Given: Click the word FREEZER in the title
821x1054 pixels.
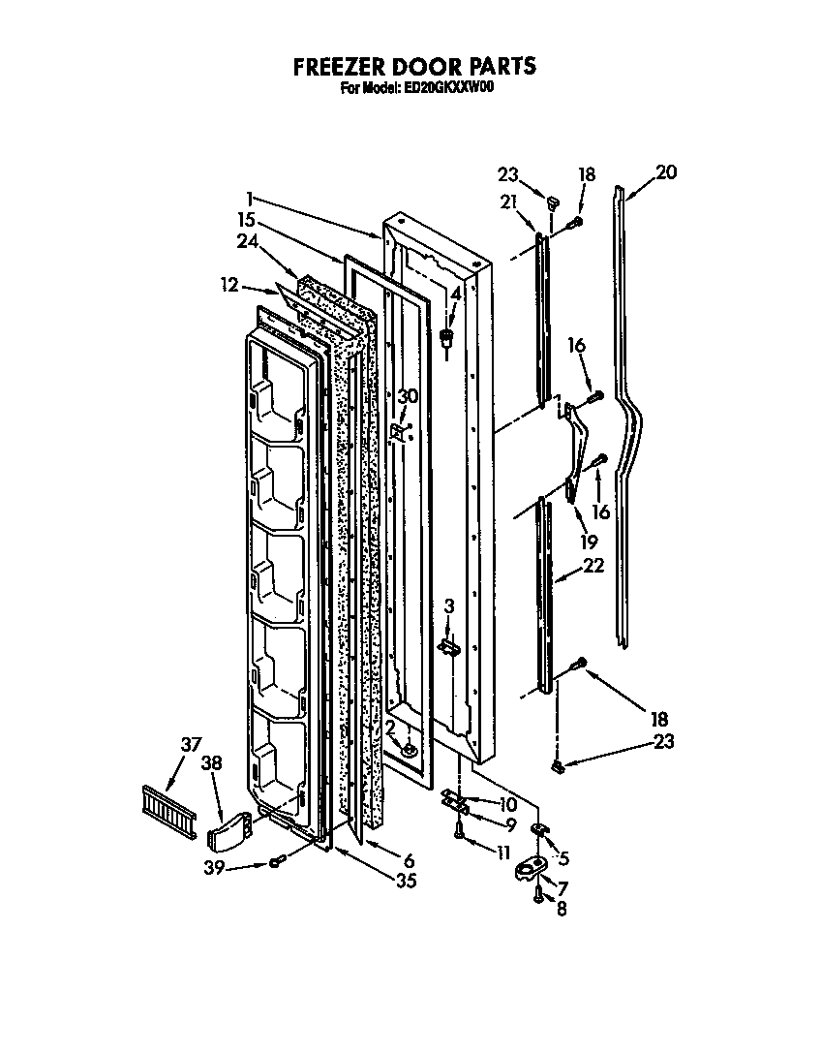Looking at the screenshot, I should [x=336, y=66].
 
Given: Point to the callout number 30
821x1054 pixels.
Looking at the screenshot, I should [x=409, y=396].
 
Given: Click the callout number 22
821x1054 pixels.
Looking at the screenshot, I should [x=593, y=566].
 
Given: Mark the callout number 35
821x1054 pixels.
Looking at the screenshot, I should [x=408, y=881].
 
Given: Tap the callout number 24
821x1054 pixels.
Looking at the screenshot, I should [x=246, y=243].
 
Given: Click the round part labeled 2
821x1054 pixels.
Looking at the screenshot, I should [x=410, y=747].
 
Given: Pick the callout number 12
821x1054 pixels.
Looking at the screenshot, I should [x=228, y=284].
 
